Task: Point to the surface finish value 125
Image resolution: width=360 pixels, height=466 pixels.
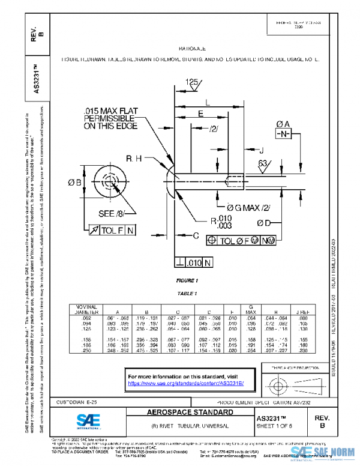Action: pos(191,81)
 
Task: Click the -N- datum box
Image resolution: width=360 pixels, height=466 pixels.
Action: pos(283,133)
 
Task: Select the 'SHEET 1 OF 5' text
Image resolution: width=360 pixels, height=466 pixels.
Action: pos(282,426)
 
